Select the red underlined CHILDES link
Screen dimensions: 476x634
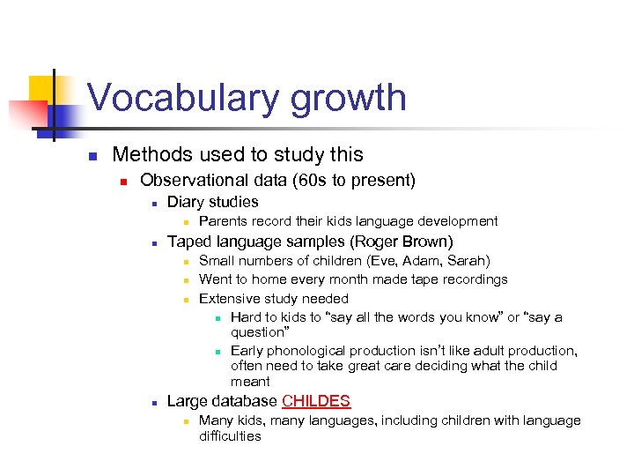click(316, 402)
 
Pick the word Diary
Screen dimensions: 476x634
click(187, 202)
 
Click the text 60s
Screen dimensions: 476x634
click(326, 180)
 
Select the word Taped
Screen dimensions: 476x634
click(189, 242)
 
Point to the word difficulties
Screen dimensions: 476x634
click(231, 435)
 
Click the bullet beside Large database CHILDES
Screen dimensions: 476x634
click(153, 403)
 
